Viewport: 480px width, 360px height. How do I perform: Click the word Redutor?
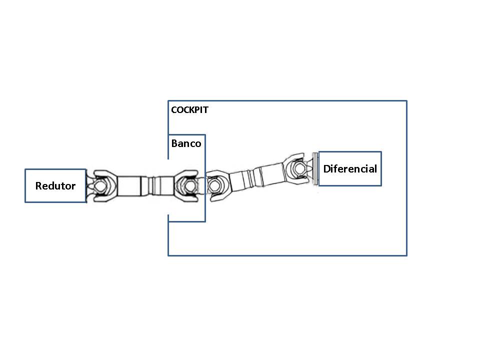(55, 186)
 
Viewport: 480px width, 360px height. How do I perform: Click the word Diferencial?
(350, 168)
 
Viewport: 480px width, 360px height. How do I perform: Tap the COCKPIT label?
(189, 110)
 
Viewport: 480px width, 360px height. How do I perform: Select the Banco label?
(186, 143)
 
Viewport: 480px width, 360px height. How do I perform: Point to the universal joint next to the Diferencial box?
(298, 168)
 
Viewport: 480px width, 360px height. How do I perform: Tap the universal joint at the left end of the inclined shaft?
(215, 185)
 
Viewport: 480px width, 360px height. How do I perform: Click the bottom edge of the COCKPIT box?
(287, 255)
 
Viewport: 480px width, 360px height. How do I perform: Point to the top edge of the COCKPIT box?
(287, 101)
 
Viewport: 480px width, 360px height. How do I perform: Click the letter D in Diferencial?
(326, 168)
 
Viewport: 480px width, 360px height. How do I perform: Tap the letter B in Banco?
(174, 143)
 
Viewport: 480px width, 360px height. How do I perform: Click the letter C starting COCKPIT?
(173, 110)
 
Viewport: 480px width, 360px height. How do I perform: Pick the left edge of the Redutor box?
(25, 185)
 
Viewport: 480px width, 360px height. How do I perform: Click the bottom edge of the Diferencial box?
(350, 185)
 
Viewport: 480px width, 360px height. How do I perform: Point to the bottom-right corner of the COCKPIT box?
(406, 255)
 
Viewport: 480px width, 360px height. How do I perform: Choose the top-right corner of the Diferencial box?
(381, 152)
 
